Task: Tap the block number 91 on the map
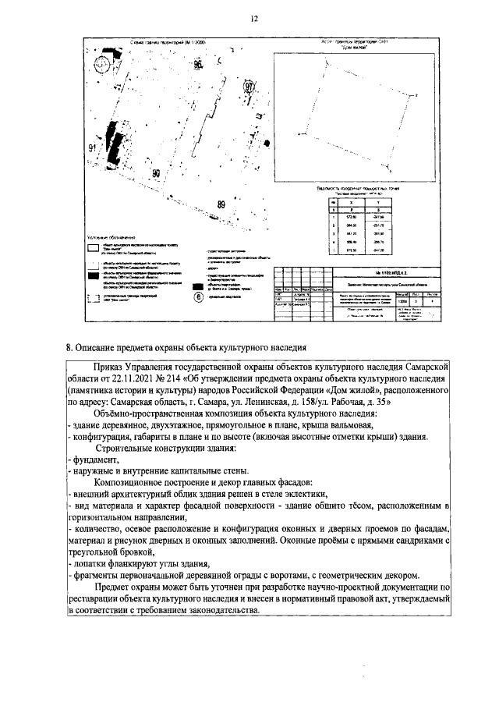click(92, 147)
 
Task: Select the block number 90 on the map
click(156, 173)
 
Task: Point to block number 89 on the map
click(221, 204)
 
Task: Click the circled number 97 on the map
click(249, 87)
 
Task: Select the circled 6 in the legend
click(197, 296)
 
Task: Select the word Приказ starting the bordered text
click(109, 364)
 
